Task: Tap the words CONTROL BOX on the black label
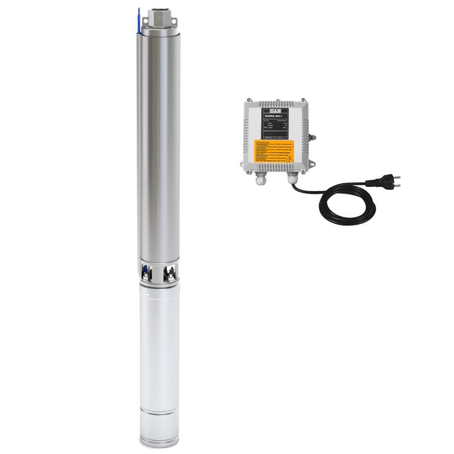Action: coord(273,116)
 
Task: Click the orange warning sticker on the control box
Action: coord(273,151)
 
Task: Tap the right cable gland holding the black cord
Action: coord(292,178)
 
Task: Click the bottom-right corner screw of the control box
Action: coord(304,170)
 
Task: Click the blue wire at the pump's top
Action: coord(140,20)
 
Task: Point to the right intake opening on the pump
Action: coord(171,273)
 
